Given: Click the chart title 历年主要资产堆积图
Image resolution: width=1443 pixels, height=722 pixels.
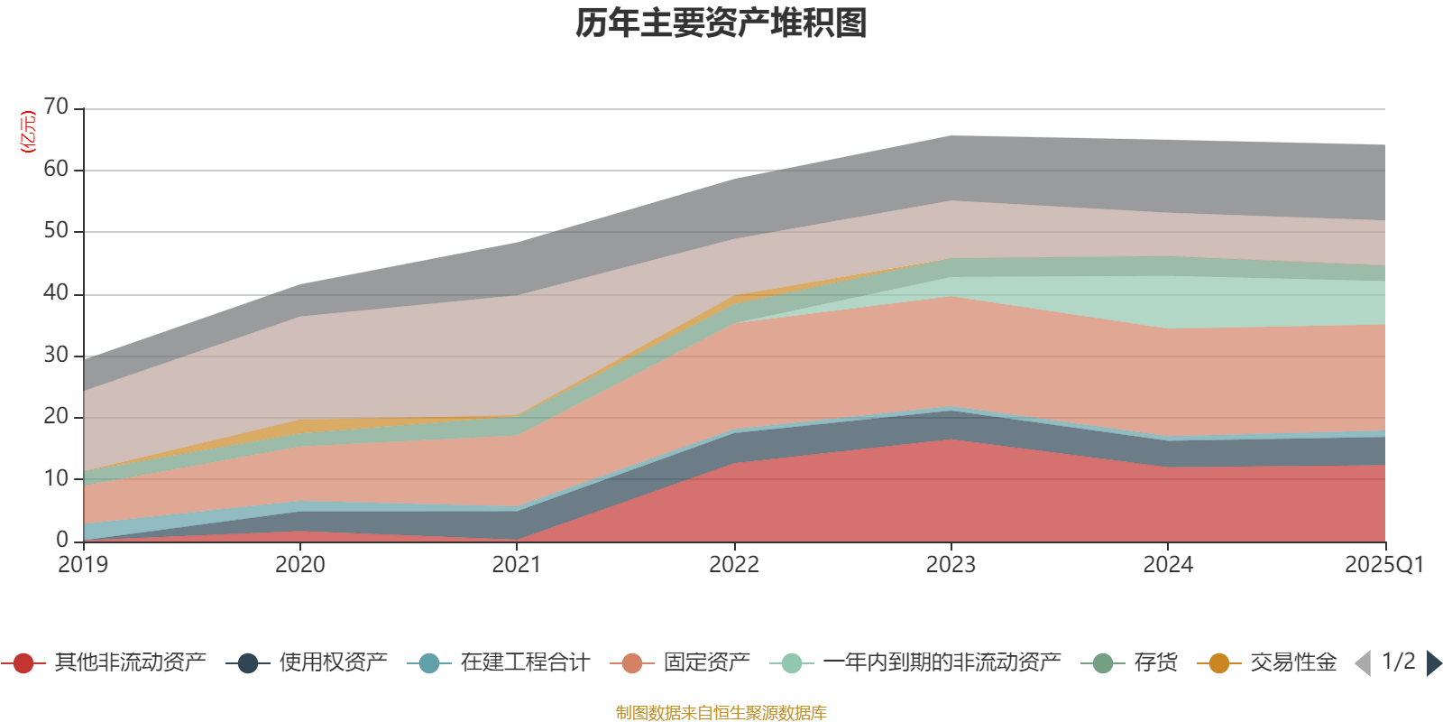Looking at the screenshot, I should pos(721,23).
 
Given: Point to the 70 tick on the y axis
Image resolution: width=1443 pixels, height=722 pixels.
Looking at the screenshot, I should pos(56,107).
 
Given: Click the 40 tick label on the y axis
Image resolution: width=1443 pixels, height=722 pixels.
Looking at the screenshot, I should pos(56,293).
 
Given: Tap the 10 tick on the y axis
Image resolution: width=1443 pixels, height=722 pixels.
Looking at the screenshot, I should pos(56,478).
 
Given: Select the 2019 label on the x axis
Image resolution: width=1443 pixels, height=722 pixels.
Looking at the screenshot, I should pos(83,565).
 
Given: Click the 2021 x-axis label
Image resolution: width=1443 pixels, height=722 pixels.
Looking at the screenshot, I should pos(517,565).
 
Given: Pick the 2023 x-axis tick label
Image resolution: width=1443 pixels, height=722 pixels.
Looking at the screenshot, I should pos(951,565).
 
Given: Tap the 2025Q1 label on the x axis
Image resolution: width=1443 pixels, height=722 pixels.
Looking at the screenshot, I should pos(1383,565).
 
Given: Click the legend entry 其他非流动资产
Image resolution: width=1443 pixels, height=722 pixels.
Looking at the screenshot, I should pos(130,663).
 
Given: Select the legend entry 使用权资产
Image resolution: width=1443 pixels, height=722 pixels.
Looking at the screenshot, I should pos(333,663).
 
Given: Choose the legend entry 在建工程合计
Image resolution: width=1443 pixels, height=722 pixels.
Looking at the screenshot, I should pos(524,663).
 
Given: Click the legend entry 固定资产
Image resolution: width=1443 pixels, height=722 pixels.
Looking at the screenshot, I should pos(706,663).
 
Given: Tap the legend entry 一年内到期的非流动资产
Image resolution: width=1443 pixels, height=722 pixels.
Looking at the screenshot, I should pos(942,663).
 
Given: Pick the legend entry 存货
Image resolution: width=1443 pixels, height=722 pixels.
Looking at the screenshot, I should pos(1155,663).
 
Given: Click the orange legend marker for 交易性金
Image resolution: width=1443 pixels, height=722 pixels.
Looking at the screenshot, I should pos(1219,663).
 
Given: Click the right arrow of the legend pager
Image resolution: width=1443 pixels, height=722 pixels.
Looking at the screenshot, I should pos(1433,663).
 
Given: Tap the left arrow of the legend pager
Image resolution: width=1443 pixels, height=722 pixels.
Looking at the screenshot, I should pos(1364,663).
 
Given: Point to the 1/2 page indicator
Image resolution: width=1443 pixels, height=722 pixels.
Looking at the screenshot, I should pos(1399,662).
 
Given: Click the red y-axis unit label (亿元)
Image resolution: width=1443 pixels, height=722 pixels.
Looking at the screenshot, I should pos(27,133).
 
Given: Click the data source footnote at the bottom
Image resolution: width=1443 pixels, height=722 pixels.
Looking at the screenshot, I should pos(721,713).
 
